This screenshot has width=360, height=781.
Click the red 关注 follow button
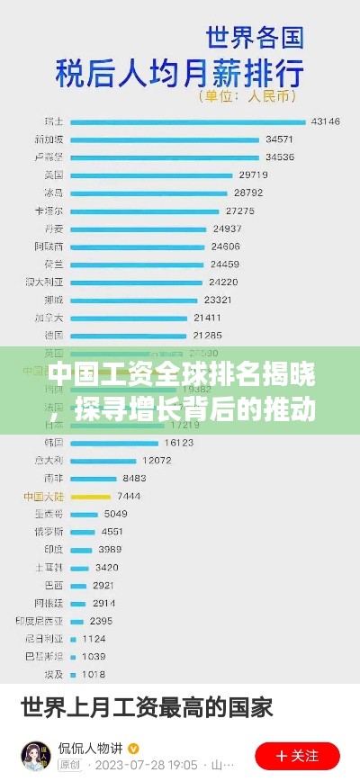tap(297, 756)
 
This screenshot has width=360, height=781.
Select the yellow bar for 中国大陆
tap(90, 496)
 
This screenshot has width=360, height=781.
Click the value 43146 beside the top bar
tap(325, 121)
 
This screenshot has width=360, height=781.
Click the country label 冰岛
tap(54, 193)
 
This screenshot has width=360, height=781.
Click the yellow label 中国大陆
tap(45, 496)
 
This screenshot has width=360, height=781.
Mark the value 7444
tap(129, 496)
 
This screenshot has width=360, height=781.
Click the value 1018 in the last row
tap(94, 674)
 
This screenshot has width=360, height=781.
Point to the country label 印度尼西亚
tap(39, 620)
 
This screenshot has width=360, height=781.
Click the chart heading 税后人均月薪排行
tap(180, 70)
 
